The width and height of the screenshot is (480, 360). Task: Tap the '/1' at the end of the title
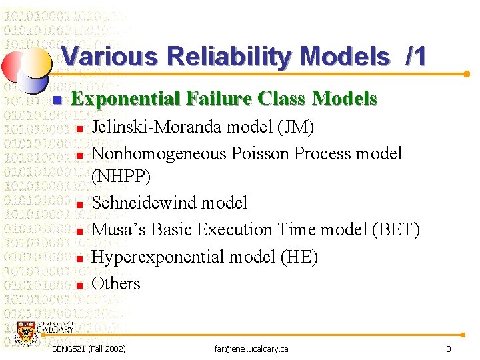[415, 57]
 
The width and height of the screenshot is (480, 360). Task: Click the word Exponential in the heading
[127, 99]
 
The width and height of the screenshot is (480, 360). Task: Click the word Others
[115, 283]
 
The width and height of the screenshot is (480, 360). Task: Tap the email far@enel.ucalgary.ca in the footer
[251, 349]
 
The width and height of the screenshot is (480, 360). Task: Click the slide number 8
[449, 349]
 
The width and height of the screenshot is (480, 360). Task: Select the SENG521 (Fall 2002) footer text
[89, 349]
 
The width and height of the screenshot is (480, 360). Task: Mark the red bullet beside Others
[79, 285]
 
